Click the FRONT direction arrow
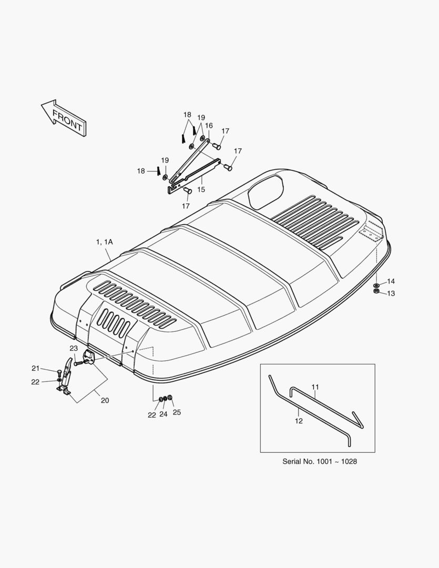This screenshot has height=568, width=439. coord(64,118)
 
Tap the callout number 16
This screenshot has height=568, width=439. coord(209,126)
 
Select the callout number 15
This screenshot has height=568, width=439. coord(201,189)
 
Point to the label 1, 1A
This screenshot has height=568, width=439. coord(104,241)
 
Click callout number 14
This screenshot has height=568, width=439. coord(391,281)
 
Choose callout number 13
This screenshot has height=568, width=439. coord(391,293)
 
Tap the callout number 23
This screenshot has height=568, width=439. coord(74,349)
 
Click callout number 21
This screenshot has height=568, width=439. coord(35,368)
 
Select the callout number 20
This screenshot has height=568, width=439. coord(105,400)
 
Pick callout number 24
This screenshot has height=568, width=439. coord(164,414)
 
